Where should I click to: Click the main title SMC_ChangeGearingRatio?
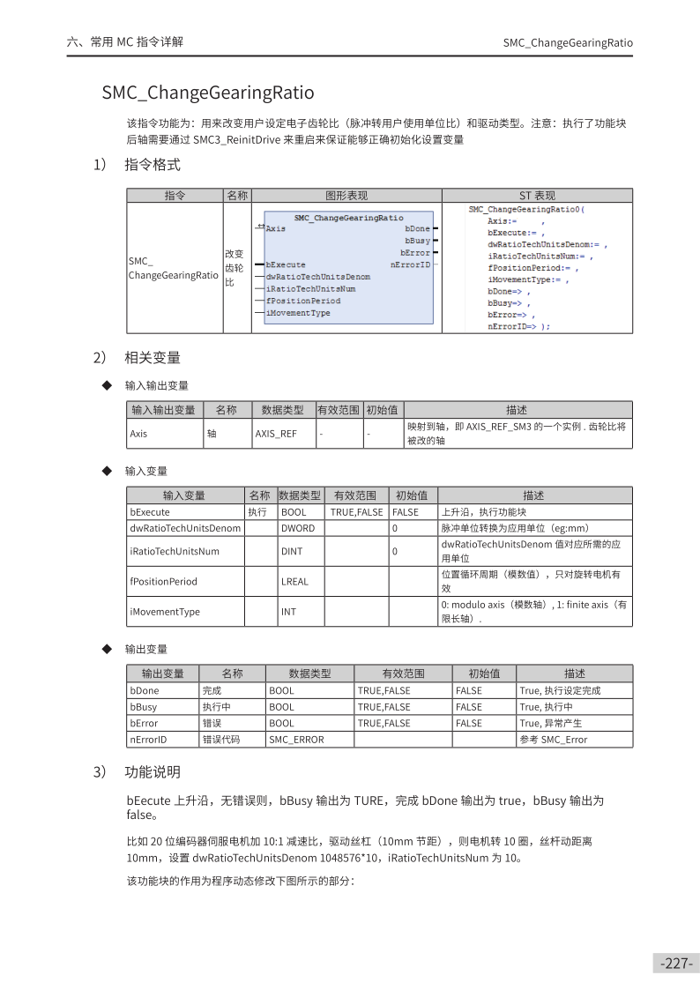[207, 93]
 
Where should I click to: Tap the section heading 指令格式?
[153, 165]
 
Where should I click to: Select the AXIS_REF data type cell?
[276, 434]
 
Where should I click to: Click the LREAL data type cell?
[294, 581]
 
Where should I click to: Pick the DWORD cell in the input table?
[297, 528]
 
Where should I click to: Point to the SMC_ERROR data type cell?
[296, 740]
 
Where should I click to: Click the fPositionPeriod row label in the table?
[163, 581]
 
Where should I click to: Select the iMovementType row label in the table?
[165, 611]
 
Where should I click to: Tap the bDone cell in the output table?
[145, 690]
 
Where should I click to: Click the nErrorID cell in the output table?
[148, 740]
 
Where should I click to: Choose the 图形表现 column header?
[346, 196]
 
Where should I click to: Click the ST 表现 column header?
[537, 196]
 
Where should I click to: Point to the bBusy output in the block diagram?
[417, 241]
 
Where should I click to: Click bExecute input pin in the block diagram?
[286, 264]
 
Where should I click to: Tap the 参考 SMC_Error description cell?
[553, 740]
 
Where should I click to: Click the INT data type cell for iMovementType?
[288, 611]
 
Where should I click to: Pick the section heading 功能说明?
[153, 772]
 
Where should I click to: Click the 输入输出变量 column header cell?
[163, 410]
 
